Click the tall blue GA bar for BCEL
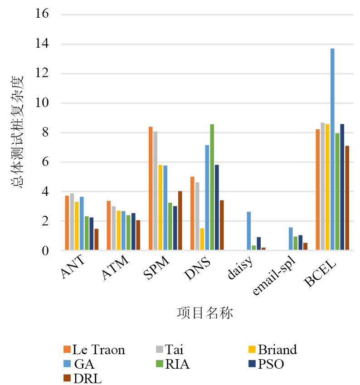[x=332, y=149]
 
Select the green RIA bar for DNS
[x=212, y=187]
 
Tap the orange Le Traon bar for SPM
[x=151, y=188]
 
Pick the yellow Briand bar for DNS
[x=202, y=239]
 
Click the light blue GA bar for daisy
[x=249, y=231]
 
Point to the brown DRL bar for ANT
[x=97, y=239]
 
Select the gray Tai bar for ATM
[x=114, y=228]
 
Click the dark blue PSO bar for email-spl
[x=300, y=243]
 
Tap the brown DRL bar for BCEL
[x=347, y=198]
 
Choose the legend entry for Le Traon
[x=94, y=349]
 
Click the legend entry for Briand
[x=272, y=349]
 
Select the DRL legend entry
[x=83, y=378]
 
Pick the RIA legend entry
[x=173, y=364]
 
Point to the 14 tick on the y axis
[x=42, y=44]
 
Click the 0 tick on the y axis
[x=45, y=251]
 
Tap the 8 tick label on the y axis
[x=45, y=132]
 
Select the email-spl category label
[x=274, y=275]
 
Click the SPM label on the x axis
[x=156, y=268]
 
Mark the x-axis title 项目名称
[x=205, y=313]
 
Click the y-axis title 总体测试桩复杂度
[x=17, y=132]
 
